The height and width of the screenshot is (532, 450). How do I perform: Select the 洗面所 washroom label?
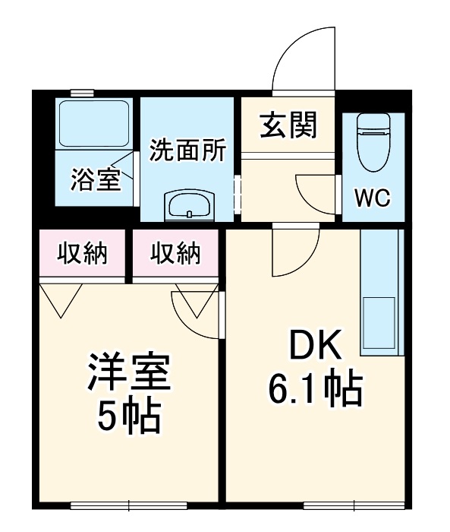point(187,150)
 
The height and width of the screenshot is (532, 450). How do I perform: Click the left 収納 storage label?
point(83,253)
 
